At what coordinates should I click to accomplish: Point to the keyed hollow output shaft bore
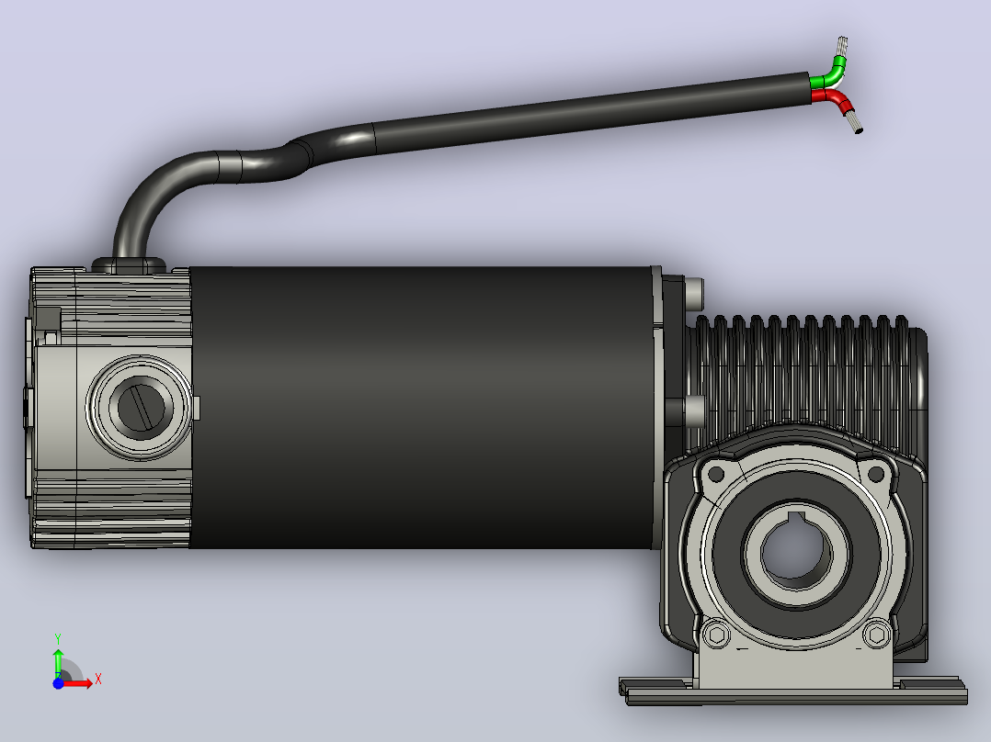pos(794,550)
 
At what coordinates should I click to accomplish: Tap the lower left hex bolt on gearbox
pos(716,634)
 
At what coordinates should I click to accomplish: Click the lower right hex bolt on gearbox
pos(877,634)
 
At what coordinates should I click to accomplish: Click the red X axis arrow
pos(78,682)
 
